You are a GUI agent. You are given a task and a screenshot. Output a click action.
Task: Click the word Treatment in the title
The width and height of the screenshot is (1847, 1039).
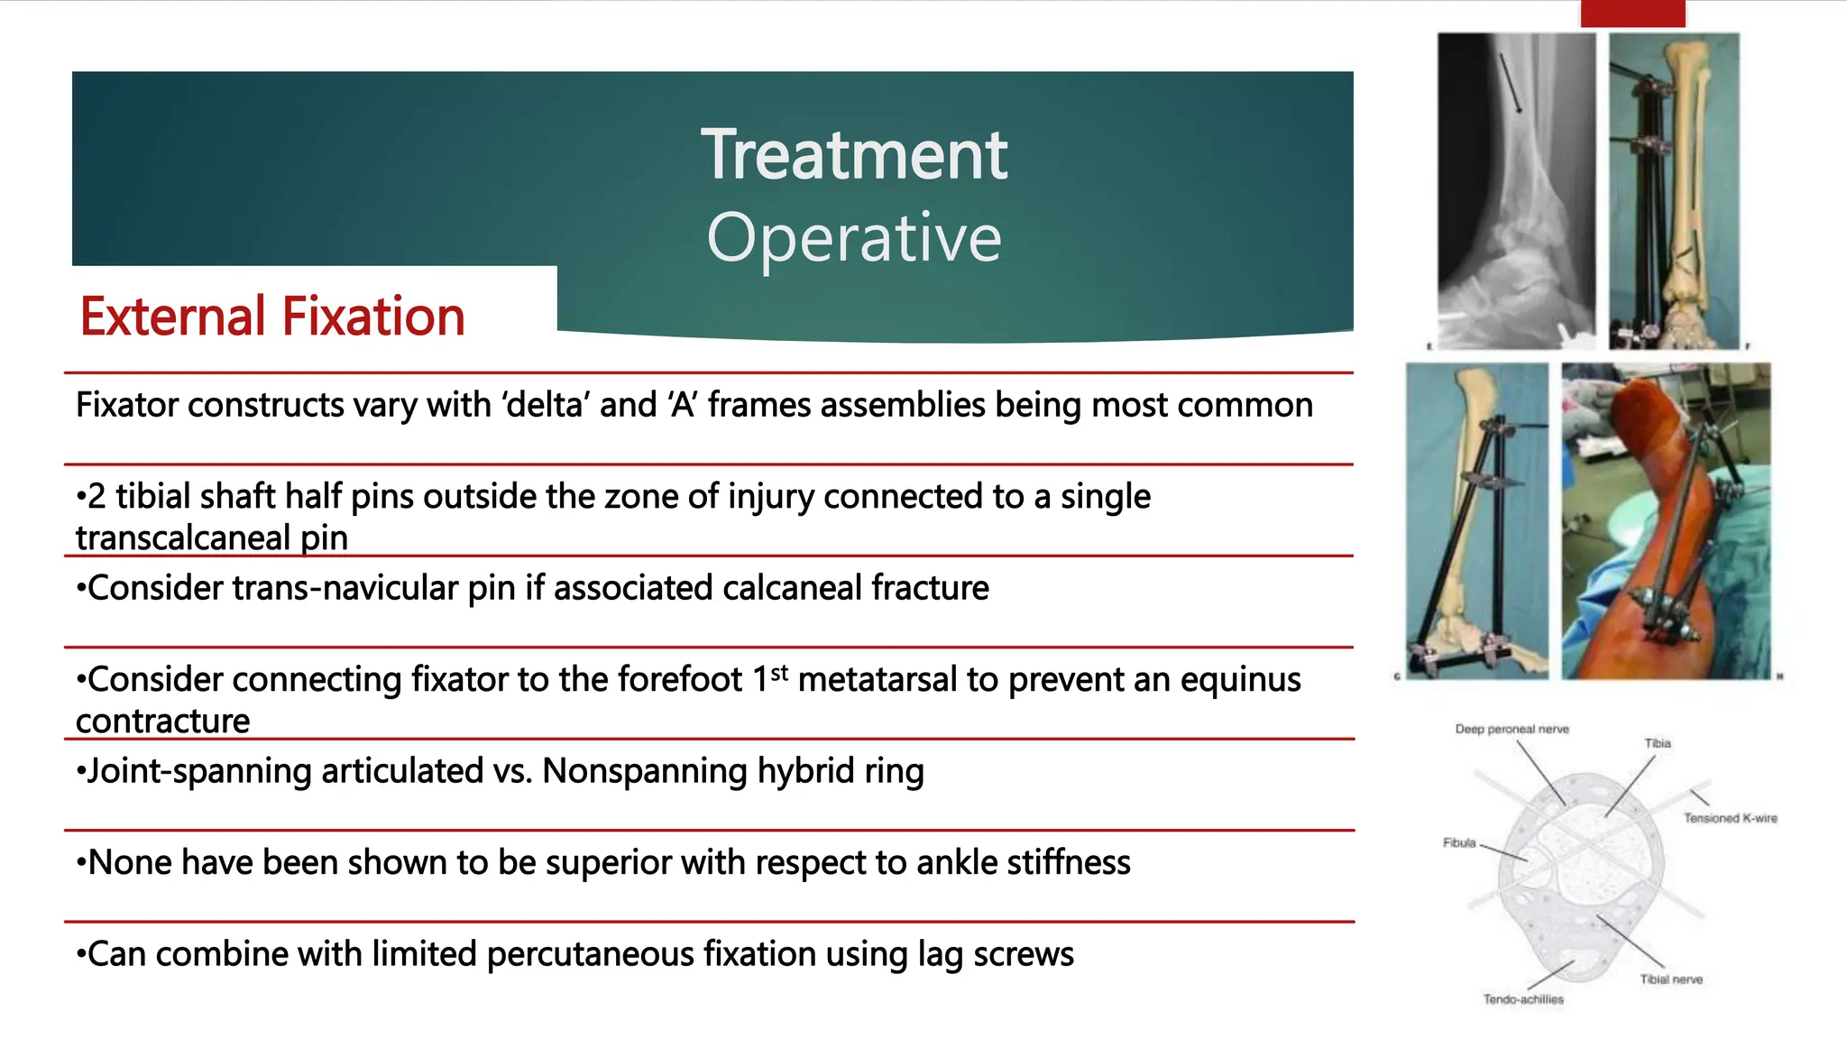pos(853,155)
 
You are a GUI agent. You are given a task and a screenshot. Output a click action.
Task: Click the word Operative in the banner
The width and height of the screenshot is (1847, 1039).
pos(853,238)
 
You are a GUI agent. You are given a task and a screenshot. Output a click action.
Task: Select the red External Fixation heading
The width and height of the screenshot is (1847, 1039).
pos(272,317)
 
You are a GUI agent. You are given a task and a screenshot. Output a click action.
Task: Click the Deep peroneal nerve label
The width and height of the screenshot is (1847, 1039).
pos(1512,729)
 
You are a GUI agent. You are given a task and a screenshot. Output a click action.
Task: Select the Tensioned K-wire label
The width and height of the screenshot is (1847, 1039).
pos(1730,818)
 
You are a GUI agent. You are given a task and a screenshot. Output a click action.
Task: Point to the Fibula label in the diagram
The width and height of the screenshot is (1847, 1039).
pos(1458,842)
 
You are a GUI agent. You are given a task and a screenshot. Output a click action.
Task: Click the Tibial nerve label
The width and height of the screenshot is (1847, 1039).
pos(1670,979)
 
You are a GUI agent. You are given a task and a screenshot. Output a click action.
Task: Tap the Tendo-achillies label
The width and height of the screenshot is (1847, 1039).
pos(1522,999)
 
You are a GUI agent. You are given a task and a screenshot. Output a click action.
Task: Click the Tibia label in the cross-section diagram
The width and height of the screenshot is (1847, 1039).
pos(1658,743)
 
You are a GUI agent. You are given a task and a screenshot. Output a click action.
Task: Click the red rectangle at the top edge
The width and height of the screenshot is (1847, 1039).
pos(1632,13)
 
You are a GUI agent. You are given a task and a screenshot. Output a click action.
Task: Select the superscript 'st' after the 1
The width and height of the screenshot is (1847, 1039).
pos(780,672)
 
